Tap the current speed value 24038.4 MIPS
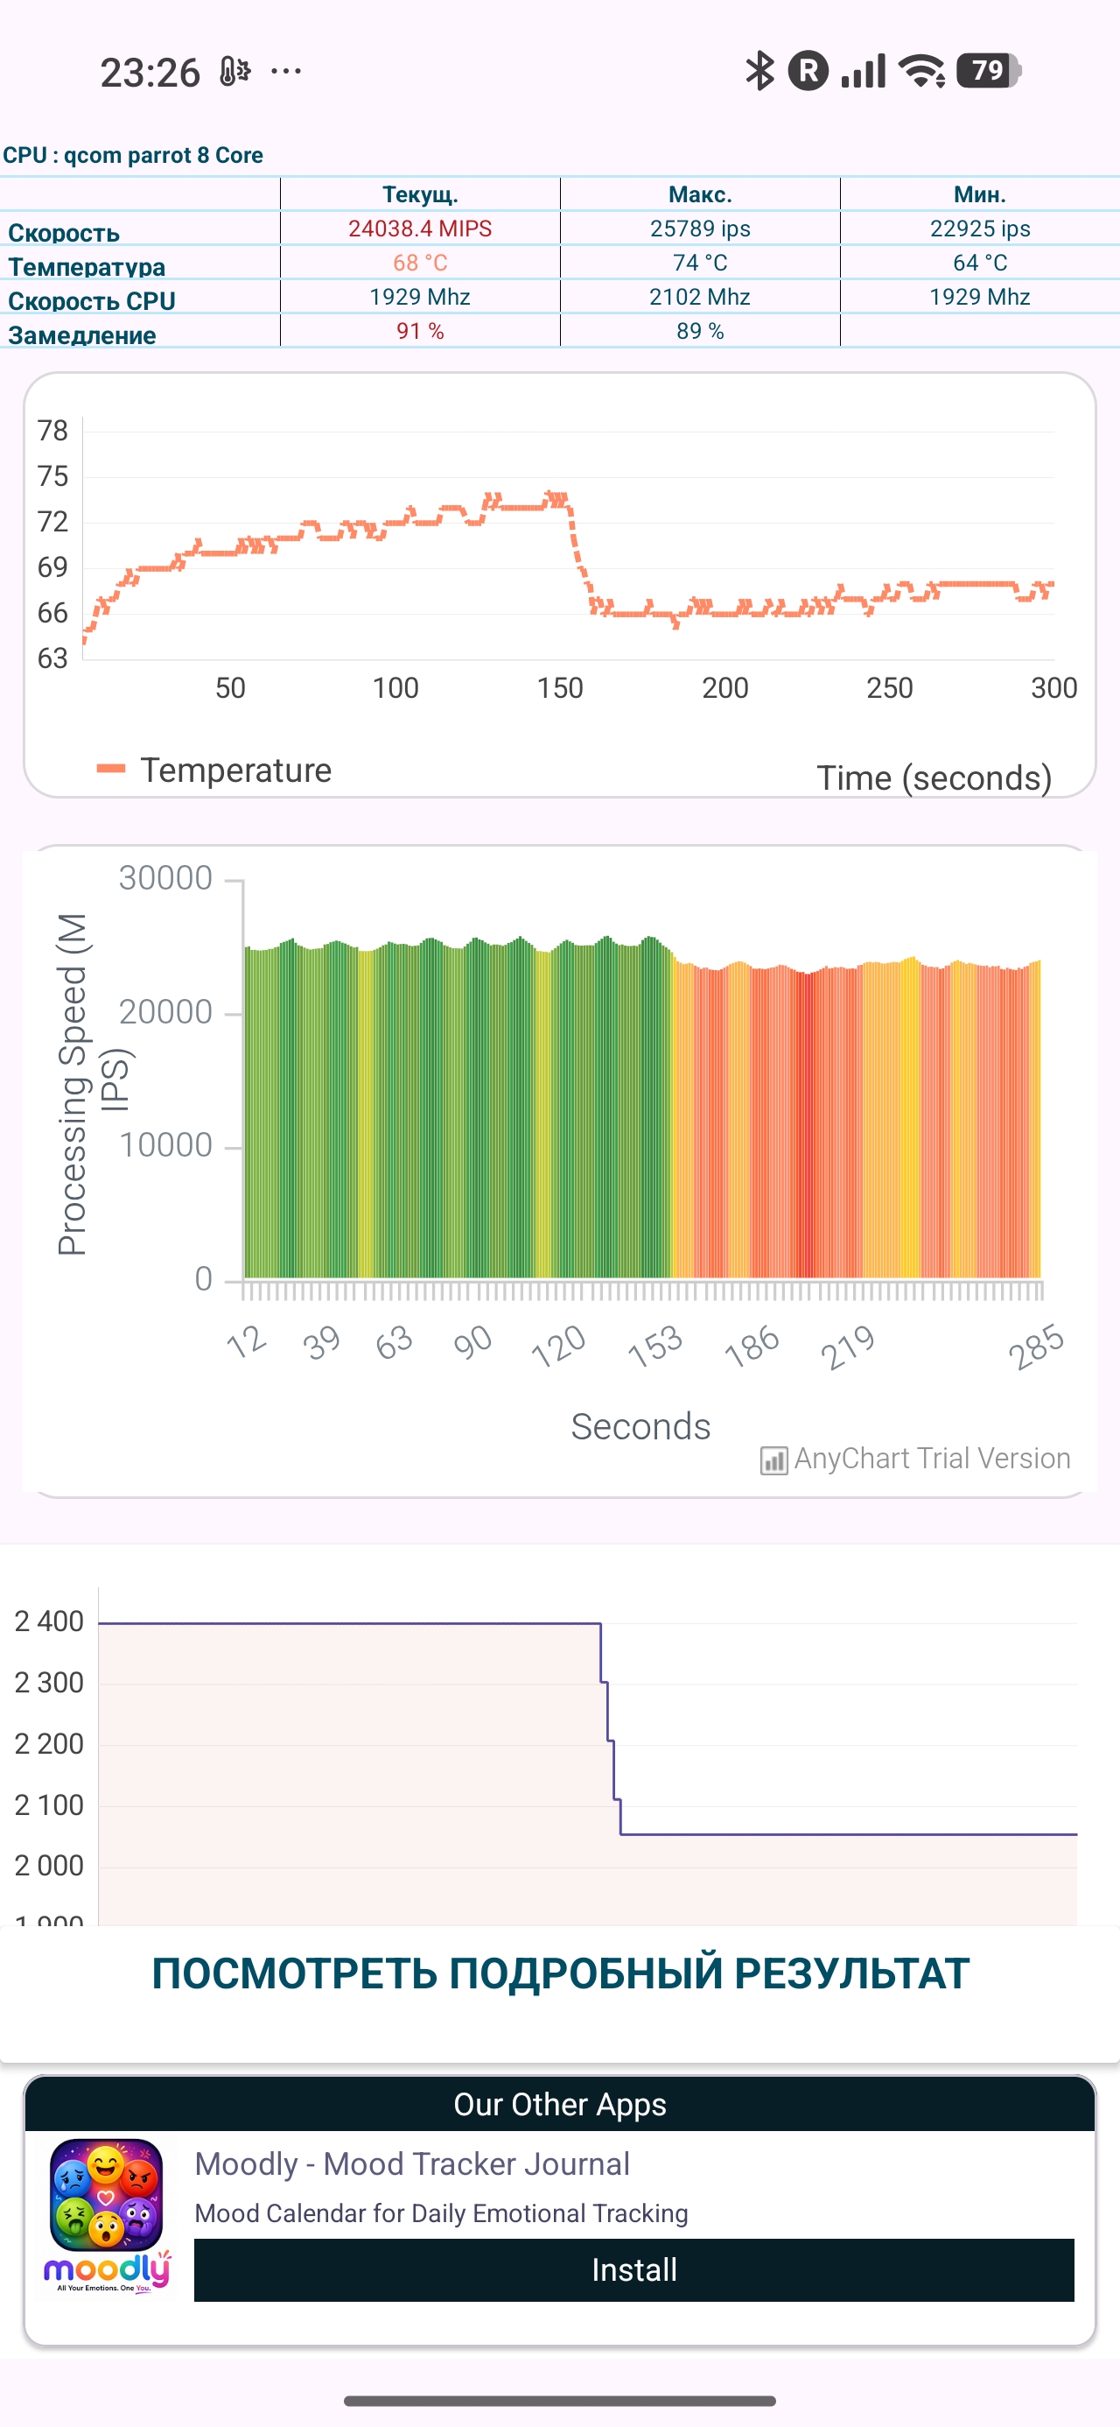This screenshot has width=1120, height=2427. click(420, 229)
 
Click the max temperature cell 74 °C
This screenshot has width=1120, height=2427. click(700, 263)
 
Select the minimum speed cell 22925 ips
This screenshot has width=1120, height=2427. click(980, 229)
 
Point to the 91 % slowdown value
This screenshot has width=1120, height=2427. click(420, 331)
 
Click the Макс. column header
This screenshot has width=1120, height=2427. click(700, 195)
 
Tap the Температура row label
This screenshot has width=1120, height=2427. click(87, 268)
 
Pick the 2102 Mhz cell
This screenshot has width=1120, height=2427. click(700, 297)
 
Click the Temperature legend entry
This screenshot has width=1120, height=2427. click(214, 770)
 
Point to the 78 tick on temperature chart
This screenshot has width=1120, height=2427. click(52, 431)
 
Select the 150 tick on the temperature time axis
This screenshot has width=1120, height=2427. click(561, 688)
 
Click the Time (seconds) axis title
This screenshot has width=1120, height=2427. click(934, 778)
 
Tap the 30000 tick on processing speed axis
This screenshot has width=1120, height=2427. click(165, 878)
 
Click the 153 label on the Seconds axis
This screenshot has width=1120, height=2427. click(655, 1346)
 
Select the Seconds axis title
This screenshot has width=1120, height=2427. click(640, 1426)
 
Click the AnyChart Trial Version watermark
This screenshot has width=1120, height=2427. click(915, 1459)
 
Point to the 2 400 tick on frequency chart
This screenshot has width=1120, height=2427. click(49, 1622)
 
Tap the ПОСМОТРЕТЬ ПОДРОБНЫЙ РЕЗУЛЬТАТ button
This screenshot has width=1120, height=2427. click(561, 1973)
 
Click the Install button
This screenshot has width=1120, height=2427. click(634, 2269)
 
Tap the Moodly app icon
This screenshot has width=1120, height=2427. click(107, 2216)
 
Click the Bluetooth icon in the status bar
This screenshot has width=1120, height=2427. click(759, 71)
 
